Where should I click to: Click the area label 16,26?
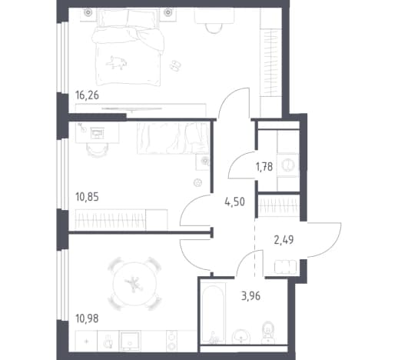87,95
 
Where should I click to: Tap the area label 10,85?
87,197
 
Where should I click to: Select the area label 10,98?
87,318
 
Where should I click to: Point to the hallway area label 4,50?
234,202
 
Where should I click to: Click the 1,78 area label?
264,167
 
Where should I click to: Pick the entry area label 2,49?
284,240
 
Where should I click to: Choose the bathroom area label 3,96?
250,296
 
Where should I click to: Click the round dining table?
134,283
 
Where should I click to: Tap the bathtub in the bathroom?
214,313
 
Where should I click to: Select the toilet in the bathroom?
268,333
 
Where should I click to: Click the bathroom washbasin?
241,337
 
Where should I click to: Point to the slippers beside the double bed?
175,65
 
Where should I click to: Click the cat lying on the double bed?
117,62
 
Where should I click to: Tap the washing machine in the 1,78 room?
288,165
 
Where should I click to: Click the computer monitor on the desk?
98,133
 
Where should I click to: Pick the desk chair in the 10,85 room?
97,149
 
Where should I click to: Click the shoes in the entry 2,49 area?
286,267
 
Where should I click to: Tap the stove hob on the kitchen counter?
171,342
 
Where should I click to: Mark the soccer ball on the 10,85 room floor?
197,182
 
